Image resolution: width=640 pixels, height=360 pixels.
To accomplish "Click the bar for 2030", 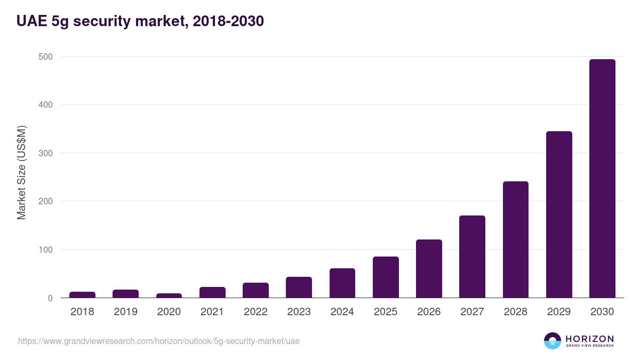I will (x=602, y=179).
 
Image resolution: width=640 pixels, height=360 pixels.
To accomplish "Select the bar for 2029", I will (x=559, y=214).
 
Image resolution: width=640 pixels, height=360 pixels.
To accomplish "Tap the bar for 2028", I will (x=516, y=239).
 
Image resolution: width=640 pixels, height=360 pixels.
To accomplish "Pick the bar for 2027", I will (x=472, y=257).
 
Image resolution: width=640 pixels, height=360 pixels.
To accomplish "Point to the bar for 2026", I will (x=429, y=269).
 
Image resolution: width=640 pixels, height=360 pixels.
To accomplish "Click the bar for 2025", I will (x=386, y=277).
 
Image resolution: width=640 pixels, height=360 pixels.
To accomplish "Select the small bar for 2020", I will (x=169, y=295).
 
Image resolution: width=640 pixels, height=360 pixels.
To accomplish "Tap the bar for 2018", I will (x=82, y=295).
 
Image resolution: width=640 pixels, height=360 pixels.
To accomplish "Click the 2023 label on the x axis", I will (x=299, y=312).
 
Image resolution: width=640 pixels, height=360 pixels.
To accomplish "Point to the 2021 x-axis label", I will (x=212, y=312).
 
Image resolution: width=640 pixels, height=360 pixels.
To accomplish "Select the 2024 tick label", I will (x=342, y=312).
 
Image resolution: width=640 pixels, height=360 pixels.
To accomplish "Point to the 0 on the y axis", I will (x=50, y=298).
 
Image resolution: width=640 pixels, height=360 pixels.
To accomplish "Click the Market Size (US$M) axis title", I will (x=21, y=172).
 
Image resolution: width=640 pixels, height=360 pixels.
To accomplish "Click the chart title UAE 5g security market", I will (x=140, y=21).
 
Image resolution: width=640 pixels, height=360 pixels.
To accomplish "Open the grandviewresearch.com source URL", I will (x=159, y=341).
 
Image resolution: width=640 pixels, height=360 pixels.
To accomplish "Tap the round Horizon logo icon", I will (x=552, y=341).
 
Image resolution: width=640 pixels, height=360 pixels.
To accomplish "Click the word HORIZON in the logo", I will (x=589, y=339).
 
